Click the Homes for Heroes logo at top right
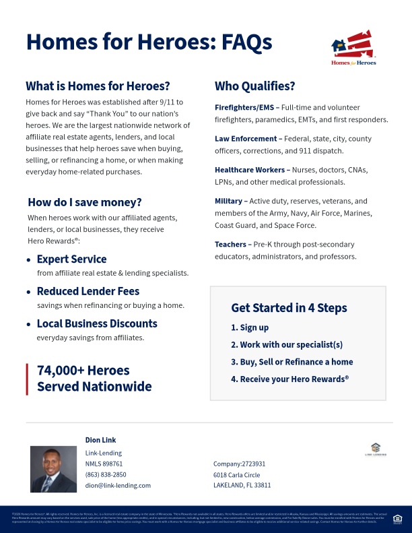point(353,48)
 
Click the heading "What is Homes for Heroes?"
point(98,86)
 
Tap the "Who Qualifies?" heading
point(254,86)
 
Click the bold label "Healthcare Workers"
point(250,170)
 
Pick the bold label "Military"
point(229,201)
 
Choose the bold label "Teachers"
point(231,244)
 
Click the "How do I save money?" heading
point(94,202)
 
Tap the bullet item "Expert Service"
point(71,259)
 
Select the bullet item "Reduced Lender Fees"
point(88,291)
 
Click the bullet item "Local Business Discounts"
point(97,323)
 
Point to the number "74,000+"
point(64,371)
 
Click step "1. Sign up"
point(250,327)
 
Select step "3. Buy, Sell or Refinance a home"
point(291,362)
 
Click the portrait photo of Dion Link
point(53,469)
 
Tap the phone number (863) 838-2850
point(106,474)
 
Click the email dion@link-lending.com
point(118,485)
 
